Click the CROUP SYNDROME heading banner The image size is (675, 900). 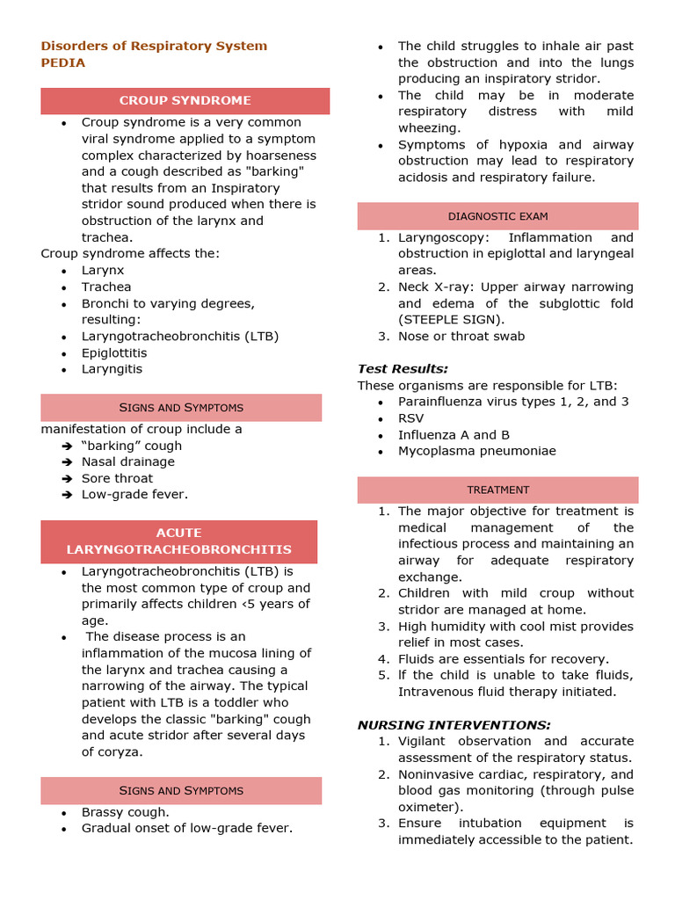point(185,100)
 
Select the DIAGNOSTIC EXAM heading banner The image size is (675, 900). point(497,216)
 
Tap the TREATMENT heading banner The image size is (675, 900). point(497,490)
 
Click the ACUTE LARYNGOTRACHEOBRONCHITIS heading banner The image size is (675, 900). point(179,541)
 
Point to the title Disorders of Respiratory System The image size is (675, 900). point(154,46)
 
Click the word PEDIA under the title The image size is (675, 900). point(63,62)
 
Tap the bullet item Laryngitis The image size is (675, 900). point(112,369)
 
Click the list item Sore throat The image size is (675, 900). point(117,478)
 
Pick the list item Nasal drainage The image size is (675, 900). point(128,461)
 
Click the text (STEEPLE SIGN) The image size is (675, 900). point(451,319)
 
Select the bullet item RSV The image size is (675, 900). point(411,418)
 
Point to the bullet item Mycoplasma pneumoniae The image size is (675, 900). point(476,451)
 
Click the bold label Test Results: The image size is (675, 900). point(403,368)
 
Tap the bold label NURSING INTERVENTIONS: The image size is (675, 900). point(454,724)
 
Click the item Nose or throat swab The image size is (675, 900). point(461,336)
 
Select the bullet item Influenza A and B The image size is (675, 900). point(454,435)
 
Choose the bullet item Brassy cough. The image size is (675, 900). point(126,812)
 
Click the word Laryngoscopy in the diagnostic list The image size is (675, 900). point(435,237)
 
